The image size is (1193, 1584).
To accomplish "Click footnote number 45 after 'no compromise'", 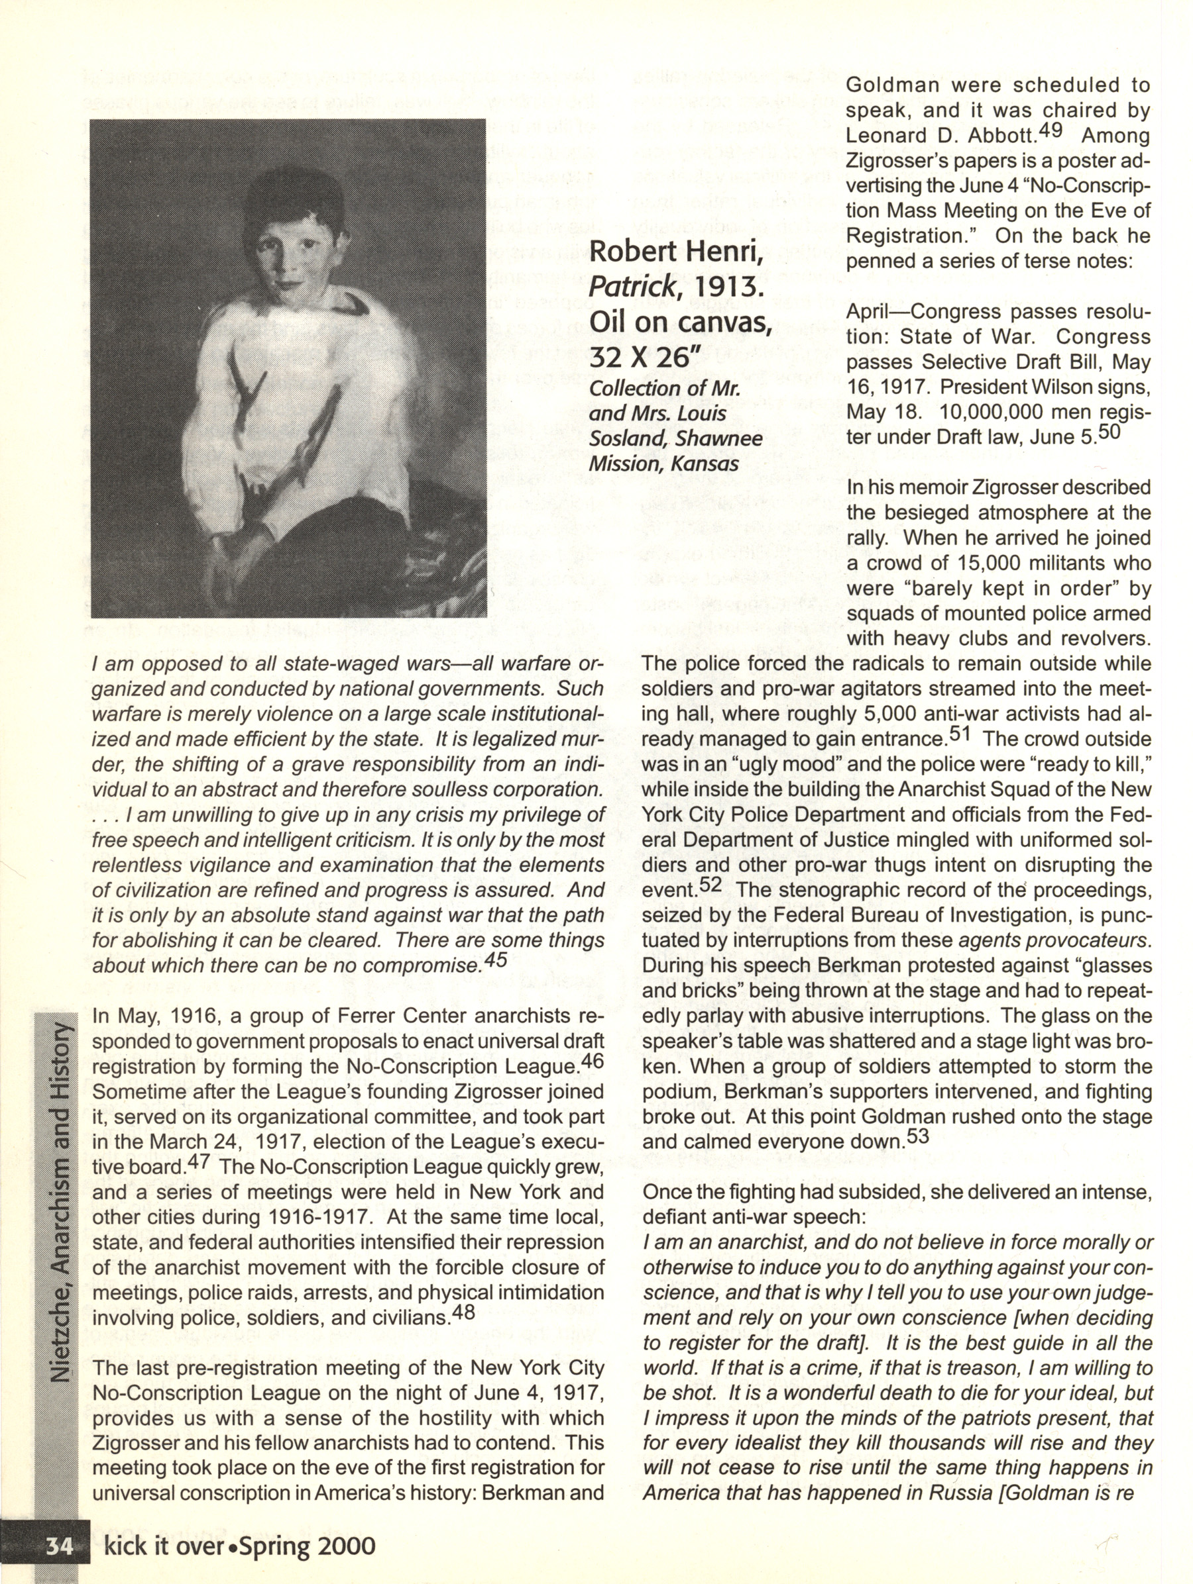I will click(x=496, y=960).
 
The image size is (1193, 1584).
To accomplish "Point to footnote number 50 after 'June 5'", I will click(x=1109, y=432).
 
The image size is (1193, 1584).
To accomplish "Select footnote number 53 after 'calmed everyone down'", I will click(x=918, y=1136).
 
